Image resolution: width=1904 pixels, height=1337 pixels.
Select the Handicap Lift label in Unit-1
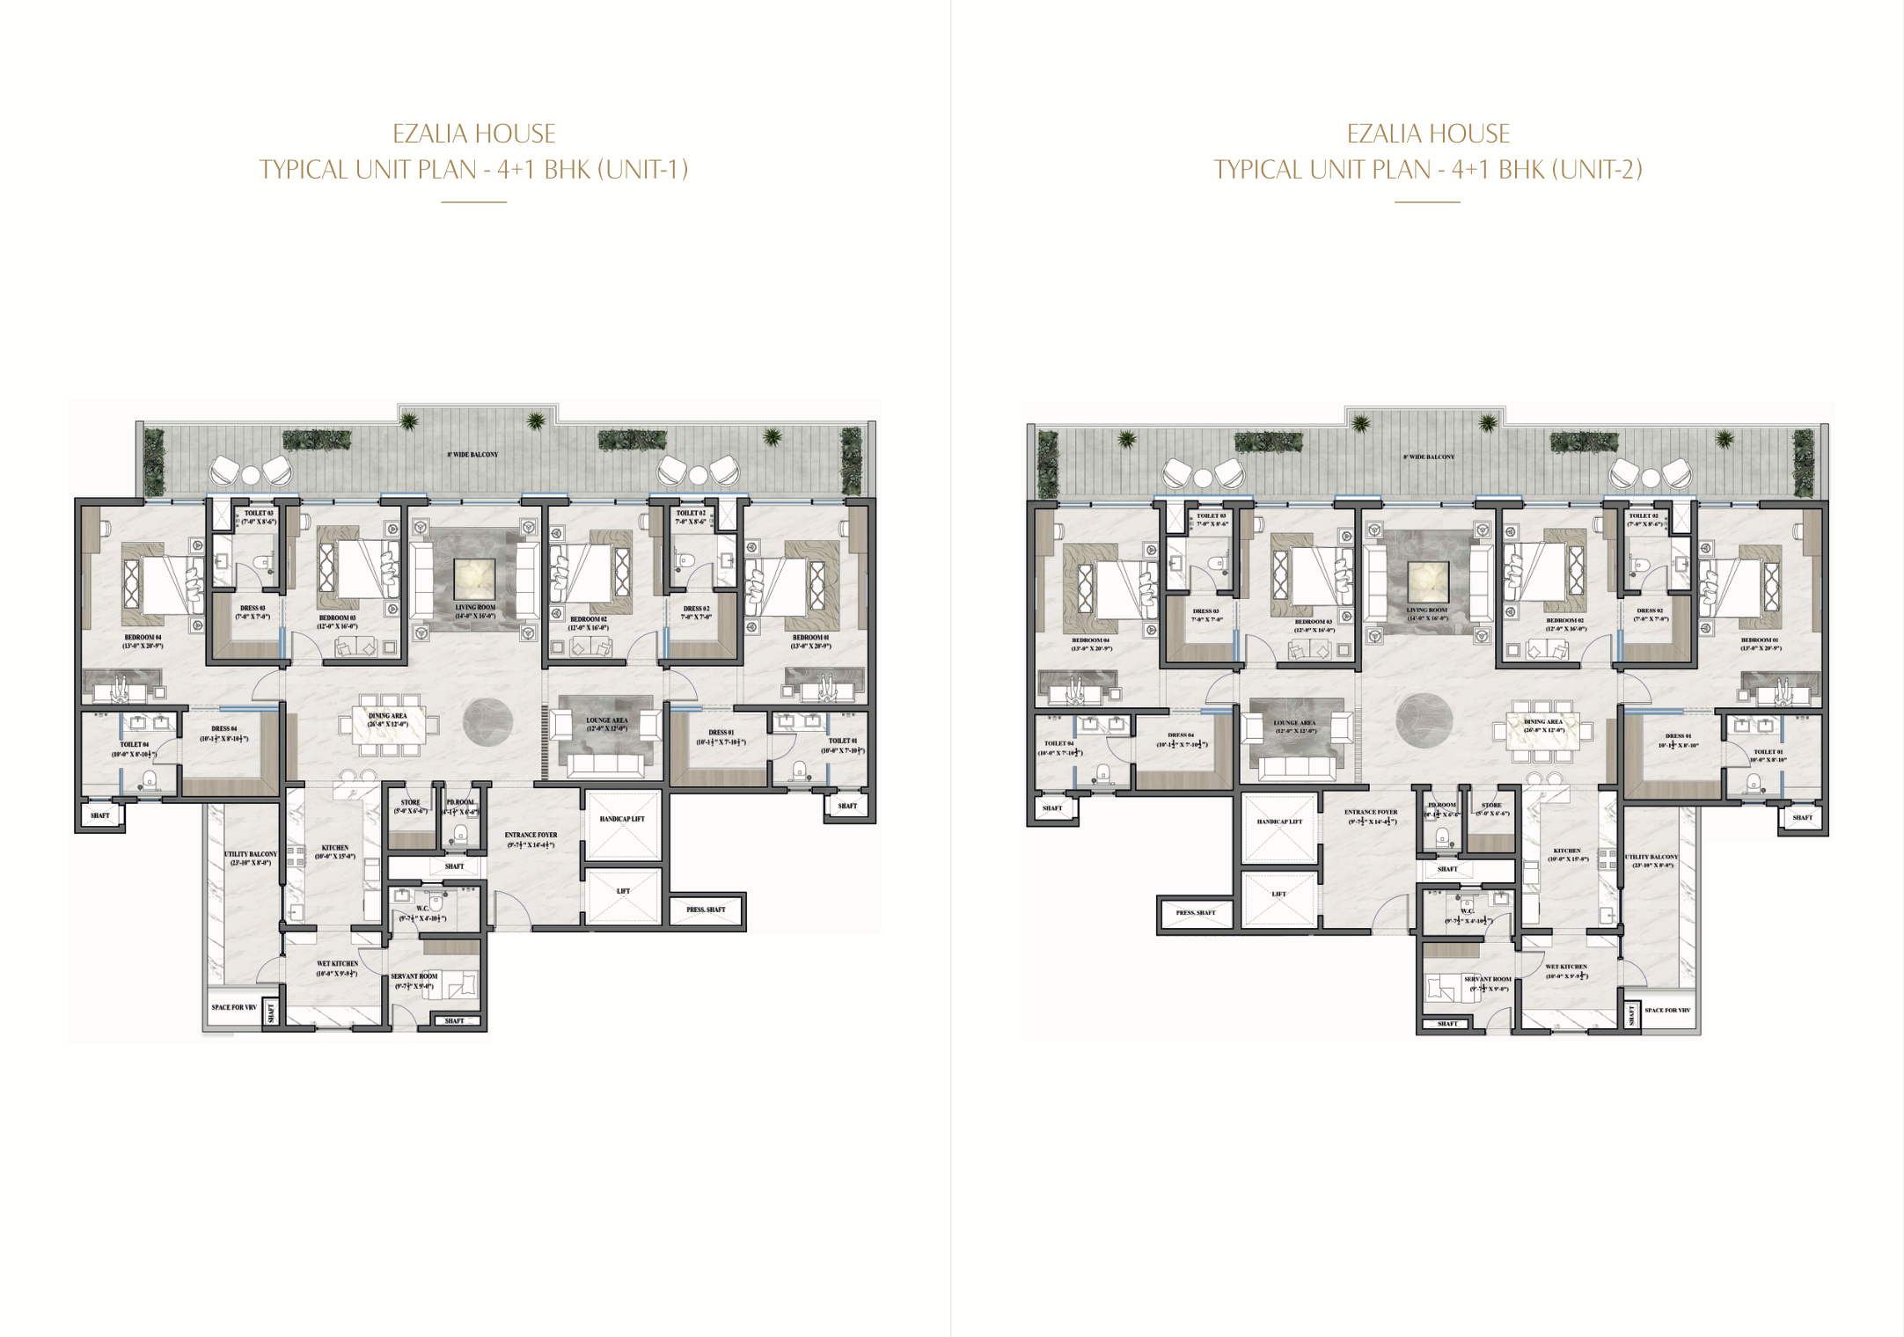coord(622,819)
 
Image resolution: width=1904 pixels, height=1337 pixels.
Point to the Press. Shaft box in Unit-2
coord(1196,913)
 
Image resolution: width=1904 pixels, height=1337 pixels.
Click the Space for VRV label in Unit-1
coord(234,1007)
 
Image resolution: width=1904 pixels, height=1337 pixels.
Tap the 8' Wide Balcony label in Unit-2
coord(1429,457)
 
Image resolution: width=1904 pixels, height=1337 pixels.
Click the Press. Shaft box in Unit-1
coord(707,910)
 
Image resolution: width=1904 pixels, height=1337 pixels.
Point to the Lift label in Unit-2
coord(1278,894)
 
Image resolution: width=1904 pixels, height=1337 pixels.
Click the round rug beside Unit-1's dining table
coord(487,722)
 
